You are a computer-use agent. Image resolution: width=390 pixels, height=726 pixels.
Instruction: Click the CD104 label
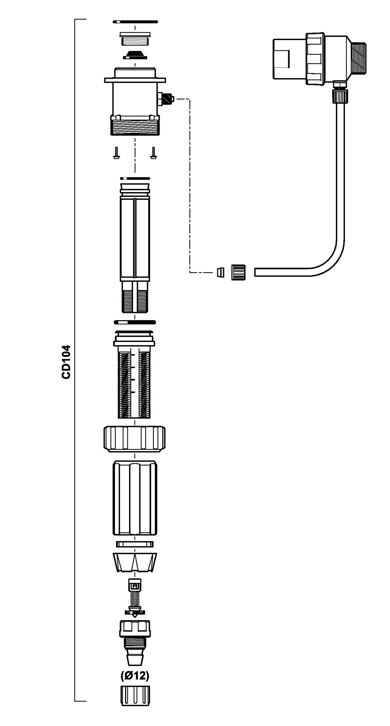[66, 362]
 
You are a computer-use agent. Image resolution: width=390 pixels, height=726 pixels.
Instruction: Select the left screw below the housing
[116, 153]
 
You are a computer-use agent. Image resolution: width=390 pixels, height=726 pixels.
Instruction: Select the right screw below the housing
[154, 153]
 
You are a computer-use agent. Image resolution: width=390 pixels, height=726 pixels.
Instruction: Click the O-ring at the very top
[135, 22]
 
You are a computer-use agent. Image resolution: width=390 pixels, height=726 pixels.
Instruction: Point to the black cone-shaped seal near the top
[135, 55]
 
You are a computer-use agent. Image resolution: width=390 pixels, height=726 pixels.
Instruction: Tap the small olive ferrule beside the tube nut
[220, 272]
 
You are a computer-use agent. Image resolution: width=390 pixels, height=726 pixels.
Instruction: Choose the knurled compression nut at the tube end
[238, 272]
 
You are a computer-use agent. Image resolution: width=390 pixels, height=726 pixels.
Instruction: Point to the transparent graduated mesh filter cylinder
[135, 383]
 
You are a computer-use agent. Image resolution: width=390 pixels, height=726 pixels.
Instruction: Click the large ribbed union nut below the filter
[135, 439]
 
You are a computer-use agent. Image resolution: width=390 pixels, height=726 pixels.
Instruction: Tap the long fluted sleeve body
[135, 498]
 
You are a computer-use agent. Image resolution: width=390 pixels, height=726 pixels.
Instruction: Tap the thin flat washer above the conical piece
[135, 544]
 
